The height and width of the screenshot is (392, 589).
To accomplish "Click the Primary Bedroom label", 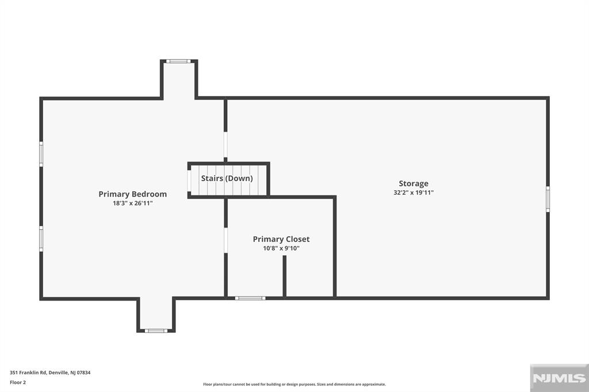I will (x=132, y=194).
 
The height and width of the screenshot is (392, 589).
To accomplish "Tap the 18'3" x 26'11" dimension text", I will (x=132, y=203).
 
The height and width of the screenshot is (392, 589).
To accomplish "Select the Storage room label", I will (x=414, y=184).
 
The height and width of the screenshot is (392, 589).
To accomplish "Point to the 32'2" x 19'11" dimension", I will (x=414, y=193).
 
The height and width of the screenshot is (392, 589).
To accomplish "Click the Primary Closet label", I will (x=281, y=239).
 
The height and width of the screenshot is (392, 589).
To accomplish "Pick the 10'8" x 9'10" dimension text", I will (x=281, y=248).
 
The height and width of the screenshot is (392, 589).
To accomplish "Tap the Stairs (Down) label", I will (x=227, y=178).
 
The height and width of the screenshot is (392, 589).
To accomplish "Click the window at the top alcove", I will (x=178, y=61).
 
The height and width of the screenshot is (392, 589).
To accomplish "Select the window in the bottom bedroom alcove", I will (x=156, y=330).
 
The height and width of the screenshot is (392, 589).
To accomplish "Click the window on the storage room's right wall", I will (x=548, y=199).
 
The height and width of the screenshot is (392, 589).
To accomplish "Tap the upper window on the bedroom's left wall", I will (x=41, y=153).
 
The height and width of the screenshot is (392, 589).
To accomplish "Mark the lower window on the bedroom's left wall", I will (x=41, y=238).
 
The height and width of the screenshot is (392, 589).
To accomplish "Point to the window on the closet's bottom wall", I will (x=250, y=298).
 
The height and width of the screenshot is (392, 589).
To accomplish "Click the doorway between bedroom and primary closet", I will (x=225, y=240).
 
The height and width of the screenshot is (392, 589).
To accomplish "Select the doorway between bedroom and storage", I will (x=225, y=145).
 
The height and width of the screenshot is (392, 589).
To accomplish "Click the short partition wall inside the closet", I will (x=284, y=276).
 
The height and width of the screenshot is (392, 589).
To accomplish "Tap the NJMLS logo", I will (x=559, y=378).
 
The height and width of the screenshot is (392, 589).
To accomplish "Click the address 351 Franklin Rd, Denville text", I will (x=50, y=372).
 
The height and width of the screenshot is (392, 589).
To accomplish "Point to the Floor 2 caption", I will (x=18, y=382).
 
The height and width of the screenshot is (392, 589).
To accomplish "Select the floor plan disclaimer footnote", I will (x=294, y=384).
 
